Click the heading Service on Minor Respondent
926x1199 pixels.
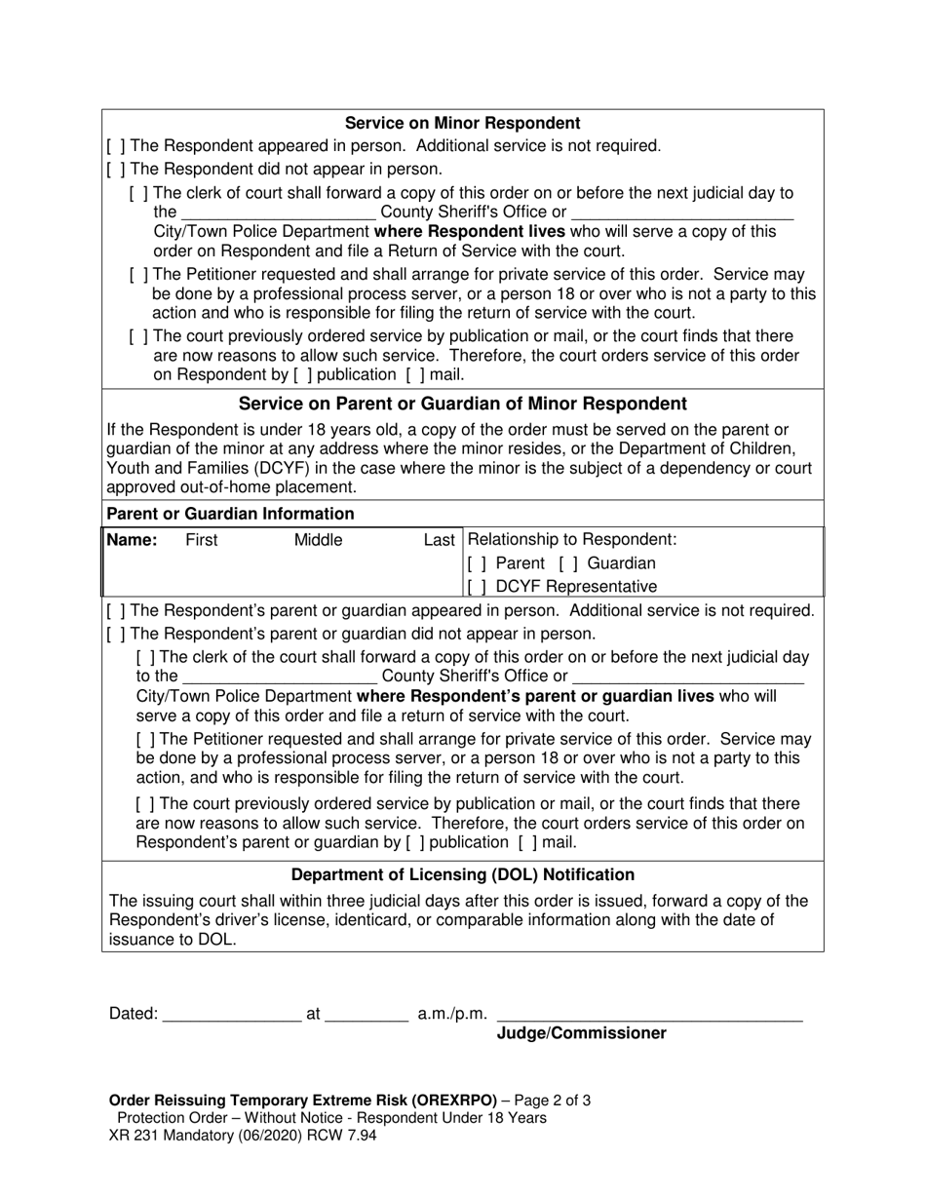[x=462, y=123]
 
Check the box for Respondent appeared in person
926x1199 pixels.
[x=115, y=146]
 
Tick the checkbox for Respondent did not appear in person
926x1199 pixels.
[x=115, y=170]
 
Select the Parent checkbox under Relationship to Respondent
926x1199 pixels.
[x=477, y=563]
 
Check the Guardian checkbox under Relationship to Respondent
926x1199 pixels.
[x=567, y=563]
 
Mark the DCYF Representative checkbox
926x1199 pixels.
[x=477, y=587]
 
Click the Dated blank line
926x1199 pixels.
[x=232, y=1015]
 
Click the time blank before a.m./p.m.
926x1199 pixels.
[x=366, y=1015]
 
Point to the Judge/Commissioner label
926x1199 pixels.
[x=582, y=1033]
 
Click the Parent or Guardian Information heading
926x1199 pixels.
[x=230, y=514]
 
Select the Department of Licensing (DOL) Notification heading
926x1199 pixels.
[x=462, y=874]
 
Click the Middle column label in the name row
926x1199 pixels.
[x=319, y=540]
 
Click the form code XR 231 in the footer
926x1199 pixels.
[x=134, y=1136]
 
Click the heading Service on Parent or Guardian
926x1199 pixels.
[x=462, y=404]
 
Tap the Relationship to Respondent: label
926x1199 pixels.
[x=572, y=540]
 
